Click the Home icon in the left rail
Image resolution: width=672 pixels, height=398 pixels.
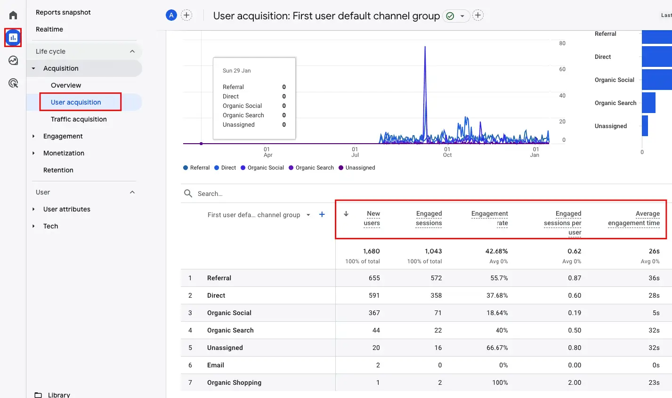[x=13, y=15]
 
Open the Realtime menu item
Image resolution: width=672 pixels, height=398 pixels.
[x=49, y=29]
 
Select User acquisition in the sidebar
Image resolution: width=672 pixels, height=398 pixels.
[x=76, y=102]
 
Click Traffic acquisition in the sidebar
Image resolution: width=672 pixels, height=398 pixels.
[x=79, y=119]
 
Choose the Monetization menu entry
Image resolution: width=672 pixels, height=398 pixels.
[x=64, y=153]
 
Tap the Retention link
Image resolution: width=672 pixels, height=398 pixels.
[x=58, y=170]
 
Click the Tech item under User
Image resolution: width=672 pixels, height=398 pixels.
[x=51, y=226]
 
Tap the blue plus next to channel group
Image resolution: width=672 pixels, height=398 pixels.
[x=322, y=214]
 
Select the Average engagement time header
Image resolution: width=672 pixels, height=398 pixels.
[x=634, y=219]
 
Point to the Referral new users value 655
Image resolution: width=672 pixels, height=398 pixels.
[x=374, y=278]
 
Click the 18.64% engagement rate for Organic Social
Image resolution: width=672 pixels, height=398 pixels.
[x=497, y=313]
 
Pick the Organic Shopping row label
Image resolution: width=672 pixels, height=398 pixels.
[x=234, y=382]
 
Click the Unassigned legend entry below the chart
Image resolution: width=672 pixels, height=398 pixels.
[x=360, y=168]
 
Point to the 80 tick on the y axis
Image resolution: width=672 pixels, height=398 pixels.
[x=562, y=43]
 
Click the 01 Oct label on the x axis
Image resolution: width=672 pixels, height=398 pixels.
[x=447, y=152]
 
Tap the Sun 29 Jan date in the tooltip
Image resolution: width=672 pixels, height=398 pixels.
[x=237, y=71]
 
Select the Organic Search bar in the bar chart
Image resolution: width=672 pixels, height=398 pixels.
[x=648, y=103]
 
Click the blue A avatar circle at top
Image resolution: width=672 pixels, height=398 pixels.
[x=171, y=15]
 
